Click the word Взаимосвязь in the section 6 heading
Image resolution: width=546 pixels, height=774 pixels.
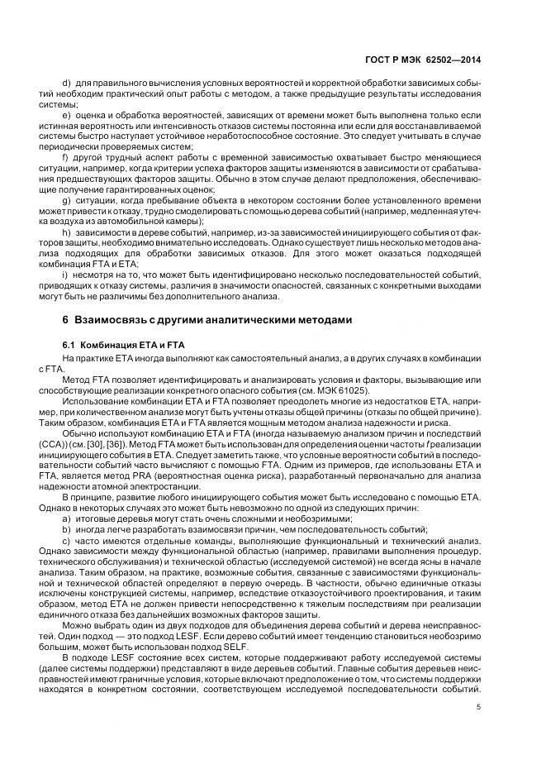click(116, 319)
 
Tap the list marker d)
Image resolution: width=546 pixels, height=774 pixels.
click(67, 85)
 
